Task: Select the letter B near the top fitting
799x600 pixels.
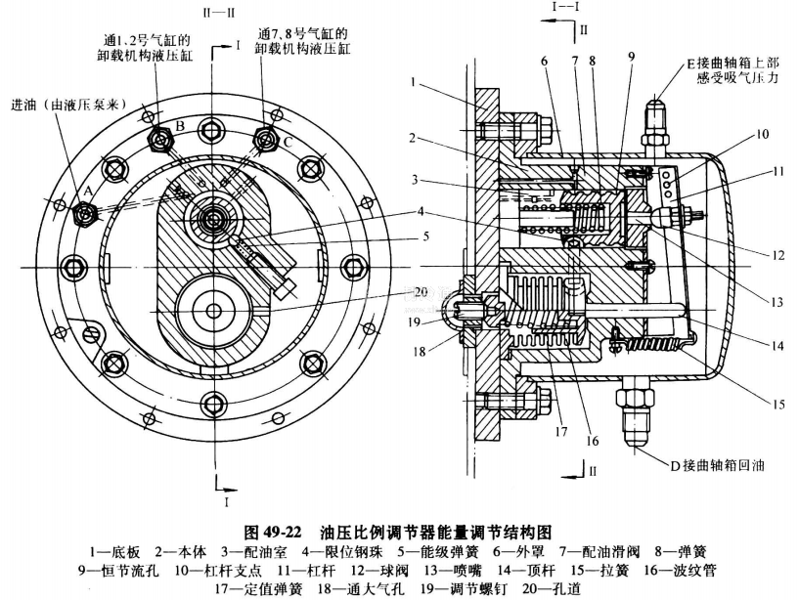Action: pos(179,127)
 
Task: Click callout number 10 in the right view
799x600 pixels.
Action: pos(733,133)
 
